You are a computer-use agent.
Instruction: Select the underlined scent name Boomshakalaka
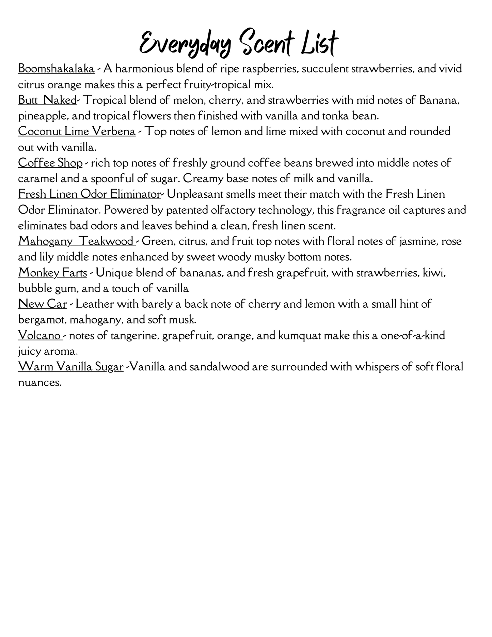pos(56,68)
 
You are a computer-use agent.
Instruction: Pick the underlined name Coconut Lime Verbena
pos(77,131)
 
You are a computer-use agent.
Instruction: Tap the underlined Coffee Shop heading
pos(50,163)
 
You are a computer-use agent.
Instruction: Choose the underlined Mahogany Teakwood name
pos(77,241)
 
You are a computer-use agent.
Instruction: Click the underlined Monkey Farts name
pos(52,273)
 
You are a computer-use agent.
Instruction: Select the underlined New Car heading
pos(43,304)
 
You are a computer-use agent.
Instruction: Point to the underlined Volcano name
pos(40,335)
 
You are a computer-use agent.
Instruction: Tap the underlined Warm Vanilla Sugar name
pos(70,367)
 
